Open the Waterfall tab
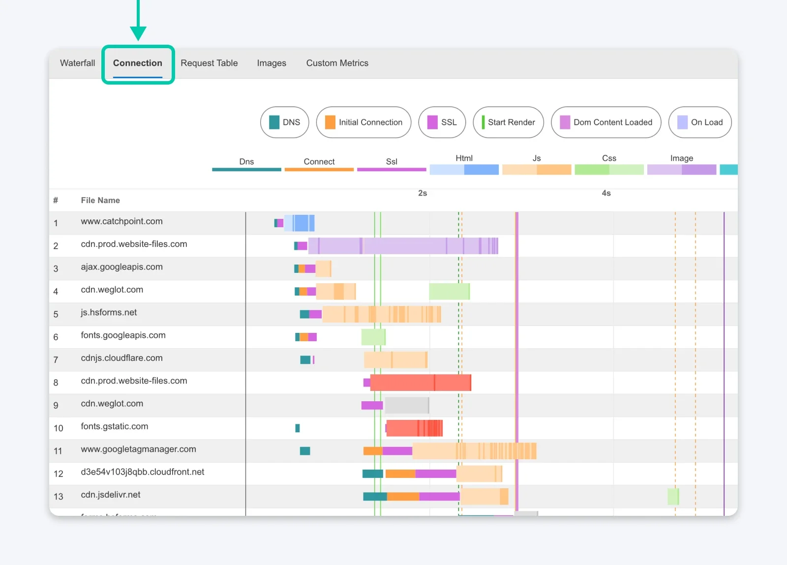pos(77,63)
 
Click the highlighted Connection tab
pos(138,63)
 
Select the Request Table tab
pos(209,63)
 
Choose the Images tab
pos(272,63)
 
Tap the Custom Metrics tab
pos(337,63)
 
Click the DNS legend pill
pos(285,122)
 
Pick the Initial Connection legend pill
pos(364,122)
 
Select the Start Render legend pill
pos(508,122)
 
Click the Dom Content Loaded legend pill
pos(606,122)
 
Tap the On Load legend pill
pos(700,122)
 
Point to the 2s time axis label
pos(423,193)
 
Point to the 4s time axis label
pos(606,193)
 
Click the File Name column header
pos(100,200)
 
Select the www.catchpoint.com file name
pos(121,221)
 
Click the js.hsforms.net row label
pos(109,313)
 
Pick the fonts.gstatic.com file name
pos(114,426)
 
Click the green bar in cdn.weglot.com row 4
pos(449,292)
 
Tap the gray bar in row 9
pos(407,405)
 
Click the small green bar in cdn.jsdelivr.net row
pos(673,497)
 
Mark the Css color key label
pos(609,158)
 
